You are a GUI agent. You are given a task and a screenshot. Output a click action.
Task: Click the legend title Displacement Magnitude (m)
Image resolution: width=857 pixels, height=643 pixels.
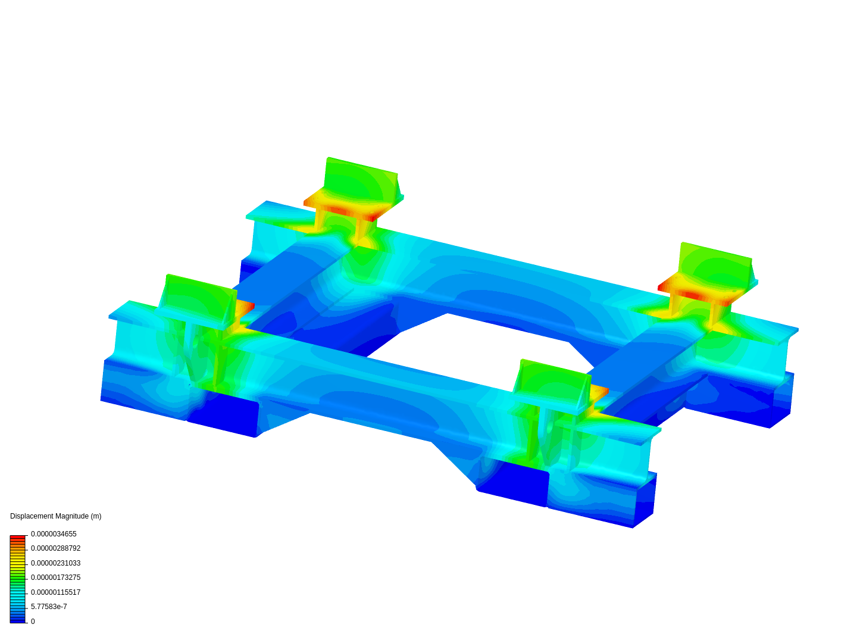(x=55, y=516)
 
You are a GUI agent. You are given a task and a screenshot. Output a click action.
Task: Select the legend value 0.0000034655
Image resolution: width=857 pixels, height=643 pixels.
(x=54, y=534)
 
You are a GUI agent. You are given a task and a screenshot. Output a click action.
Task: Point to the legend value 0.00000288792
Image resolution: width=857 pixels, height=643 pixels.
(x=55, y=548)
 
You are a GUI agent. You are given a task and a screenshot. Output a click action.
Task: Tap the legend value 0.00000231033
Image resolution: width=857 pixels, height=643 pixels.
(x=55, y=563)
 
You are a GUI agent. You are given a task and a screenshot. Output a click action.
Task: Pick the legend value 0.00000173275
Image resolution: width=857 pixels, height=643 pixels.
(x=55, y=578)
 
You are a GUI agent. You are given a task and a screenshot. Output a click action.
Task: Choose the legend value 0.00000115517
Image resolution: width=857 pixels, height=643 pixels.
(x=55, y=592)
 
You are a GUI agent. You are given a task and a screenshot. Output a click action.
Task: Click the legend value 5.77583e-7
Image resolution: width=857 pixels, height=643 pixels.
(x=49, y=607)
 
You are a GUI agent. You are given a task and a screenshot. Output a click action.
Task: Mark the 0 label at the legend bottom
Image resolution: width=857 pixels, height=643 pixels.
(x=33, y=622)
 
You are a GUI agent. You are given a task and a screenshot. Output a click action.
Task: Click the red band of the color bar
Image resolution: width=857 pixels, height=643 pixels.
(x=17, y=537)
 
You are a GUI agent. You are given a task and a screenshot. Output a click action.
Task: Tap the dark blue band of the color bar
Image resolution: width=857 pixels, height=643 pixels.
(x=17, y=620)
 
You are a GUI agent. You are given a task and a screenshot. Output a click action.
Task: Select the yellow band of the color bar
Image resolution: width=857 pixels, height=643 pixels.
(x=17, y=561)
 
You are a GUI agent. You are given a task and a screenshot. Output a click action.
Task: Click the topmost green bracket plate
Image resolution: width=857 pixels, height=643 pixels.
(x=360, y=182)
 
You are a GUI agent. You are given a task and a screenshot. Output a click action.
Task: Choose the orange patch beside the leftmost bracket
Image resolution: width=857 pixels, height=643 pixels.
(x=245, y=309)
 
